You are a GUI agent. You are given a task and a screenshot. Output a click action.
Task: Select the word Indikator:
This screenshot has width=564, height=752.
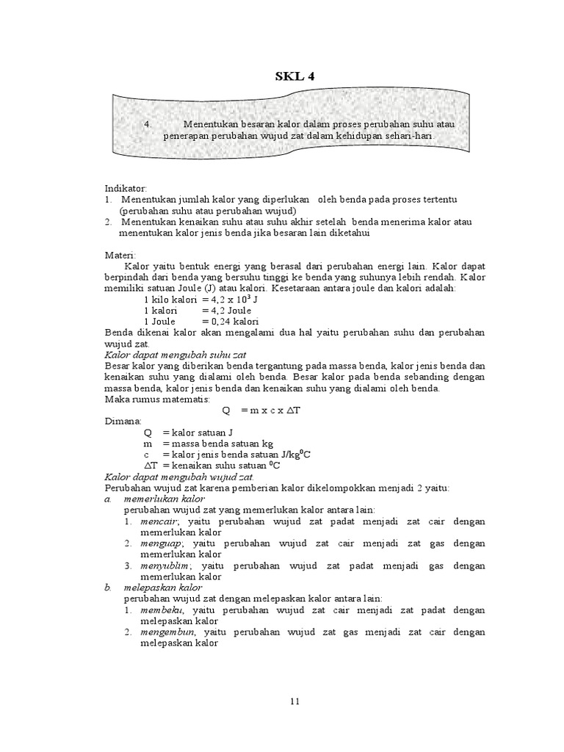point(126,189)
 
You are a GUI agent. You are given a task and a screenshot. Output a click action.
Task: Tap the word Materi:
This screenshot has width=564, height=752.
point(121,254)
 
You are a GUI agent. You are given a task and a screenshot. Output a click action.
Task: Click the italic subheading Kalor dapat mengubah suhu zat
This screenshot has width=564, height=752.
point(176,354)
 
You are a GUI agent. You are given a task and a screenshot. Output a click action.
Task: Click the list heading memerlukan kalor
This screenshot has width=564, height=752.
point(164,499)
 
